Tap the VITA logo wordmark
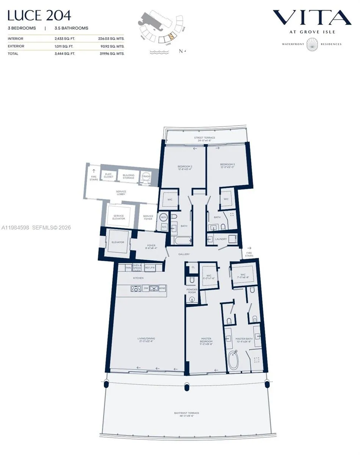tap(312, 18)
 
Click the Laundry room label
tap(221, 239)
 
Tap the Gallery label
tap(184, 254)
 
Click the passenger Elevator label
tap(117, 242)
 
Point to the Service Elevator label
tap(118, 217)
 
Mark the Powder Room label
tap(192, 291)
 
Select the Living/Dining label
tap(146, 340)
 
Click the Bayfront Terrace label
tap(186, 414)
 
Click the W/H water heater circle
tap(164, 217)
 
